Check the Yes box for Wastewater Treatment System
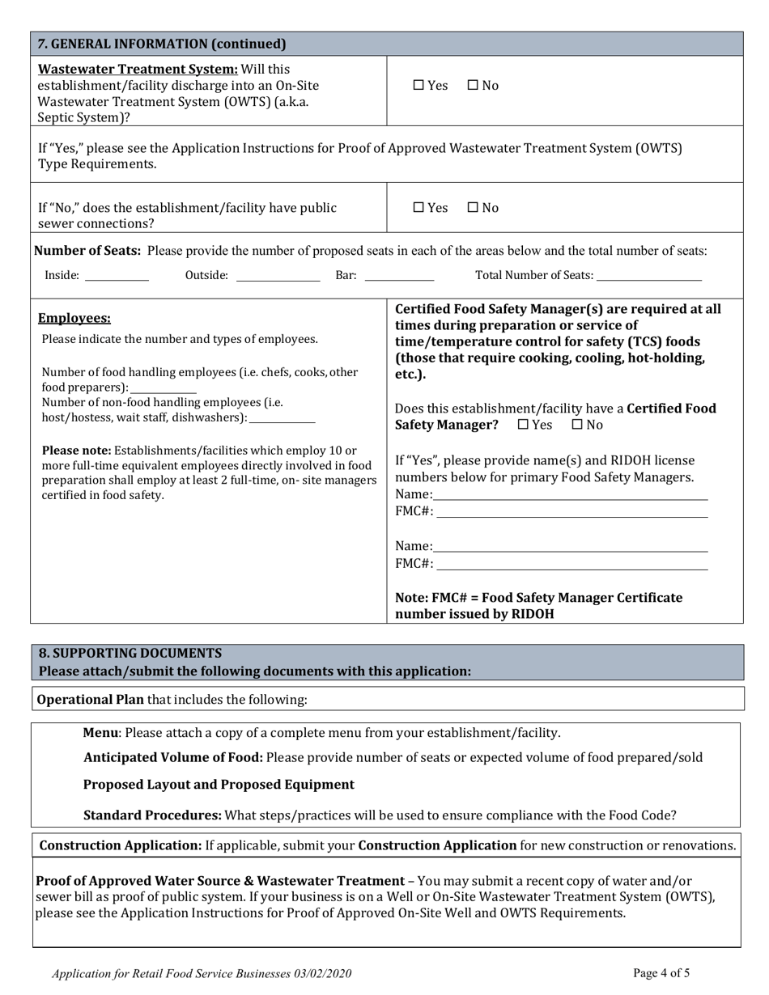click(x=418, y=85)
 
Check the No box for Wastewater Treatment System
click(x=473, y=85)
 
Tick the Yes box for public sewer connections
click(x=418, y=208)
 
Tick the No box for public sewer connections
click(x=473, y=208)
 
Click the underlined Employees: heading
click(x=74, y=319)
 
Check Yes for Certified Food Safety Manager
click(x=523, y=425)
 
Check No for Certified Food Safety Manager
click(x=577, y=425)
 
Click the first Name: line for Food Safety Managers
click(x=570, y=496)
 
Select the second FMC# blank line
click(x=571, y=565)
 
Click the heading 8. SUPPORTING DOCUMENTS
click(x=130, y=653)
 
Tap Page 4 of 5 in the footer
click(x=661, y=973)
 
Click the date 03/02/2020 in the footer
click(x=322, y=974)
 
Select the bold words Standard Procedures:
click(x=152, y=815)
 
